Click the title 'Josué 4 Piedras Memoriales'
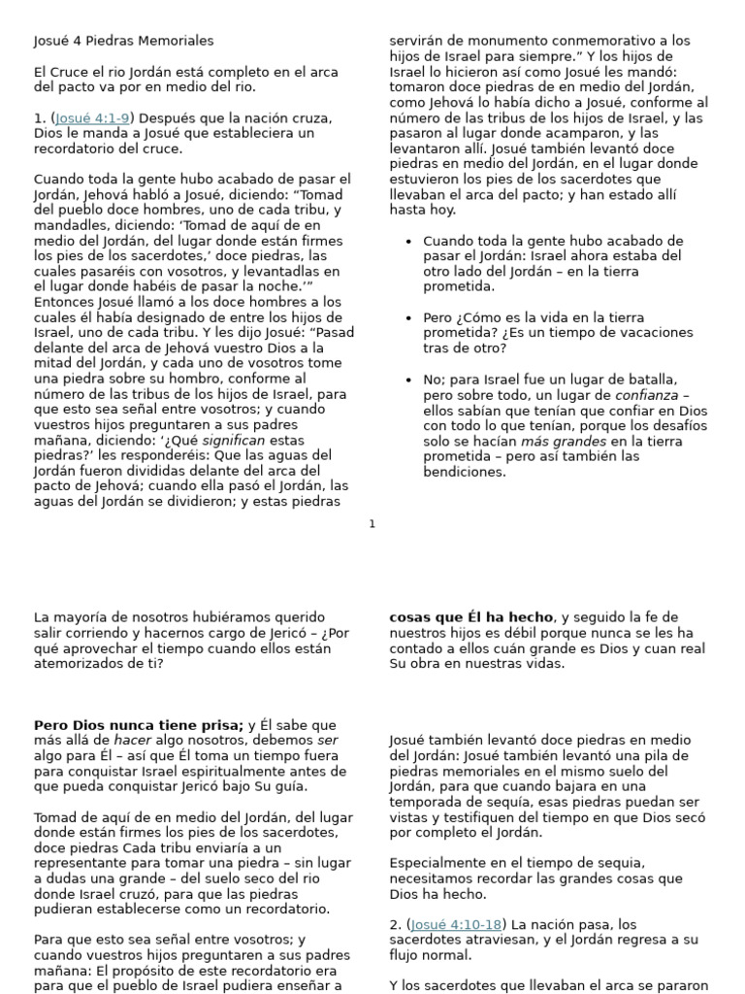[124, 41]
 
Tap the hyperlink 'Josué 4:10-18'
[457, 924]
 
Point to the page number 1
[372, 524]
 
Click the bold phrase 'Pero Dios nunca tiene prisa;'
[139, 725]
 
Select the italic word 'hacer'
[120, 741]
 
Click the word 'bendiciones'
[465, 472]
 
